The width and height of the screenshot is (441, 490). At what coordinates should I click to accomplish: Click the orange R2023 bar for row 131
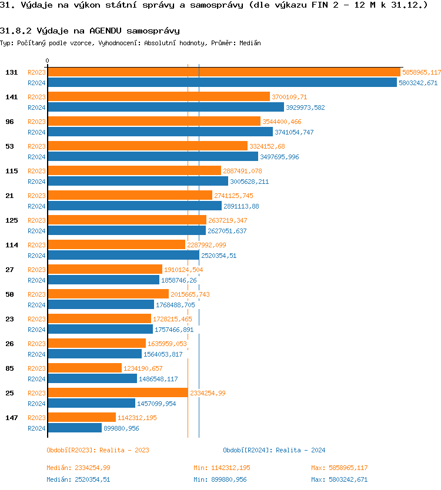[223, 72]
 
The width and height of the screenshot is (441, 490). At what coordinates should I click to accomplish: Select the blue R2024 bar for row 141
[165, 108]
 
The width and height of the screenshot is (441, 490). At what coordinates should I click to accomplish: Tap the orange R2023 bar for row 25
[118, 393]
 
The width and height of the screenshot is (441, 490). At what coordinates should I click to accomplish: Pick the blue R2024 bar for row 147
[75, 428]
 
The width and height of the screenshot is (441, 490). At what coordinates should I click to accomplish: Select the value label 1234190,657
[143, 368]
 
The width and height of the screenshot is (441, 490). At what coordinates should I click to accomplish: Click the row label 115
[11, 171]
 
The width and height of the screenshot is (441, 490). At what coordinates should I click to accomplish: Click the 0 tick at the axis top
[48, 61]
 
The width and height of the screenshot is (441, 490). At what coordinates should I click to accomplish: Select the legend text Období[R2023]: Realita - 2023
[98, 450]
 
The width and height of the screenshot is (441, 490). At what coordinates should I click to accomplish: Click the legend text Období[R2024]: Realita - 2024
[274, 450]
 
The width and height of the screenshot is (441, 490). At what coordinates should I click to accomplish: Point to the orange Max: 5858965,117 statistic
[339, 468]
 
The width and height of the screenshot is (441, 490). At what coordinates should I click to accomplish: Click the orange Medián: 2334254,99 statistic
[78, 468]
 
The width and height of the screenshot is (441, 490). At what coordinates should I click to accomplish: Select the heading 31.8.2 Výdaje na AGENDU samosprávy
[90, 31]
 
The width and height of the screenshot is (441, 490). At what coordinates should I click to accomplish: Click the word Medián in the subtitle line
[250, 43]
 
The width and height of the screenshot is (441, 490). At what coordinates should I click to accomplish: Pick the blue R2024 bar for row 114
[123, 256]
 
